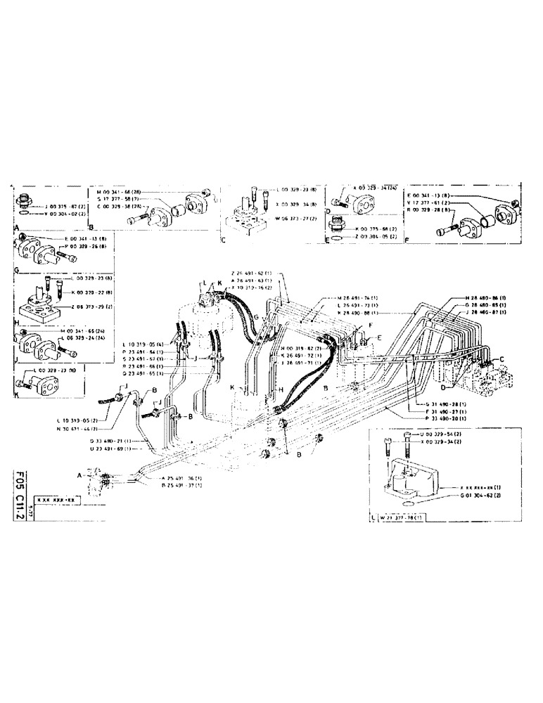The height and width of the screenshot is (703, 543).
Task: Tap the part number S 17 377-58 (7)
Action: point(117,200)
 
